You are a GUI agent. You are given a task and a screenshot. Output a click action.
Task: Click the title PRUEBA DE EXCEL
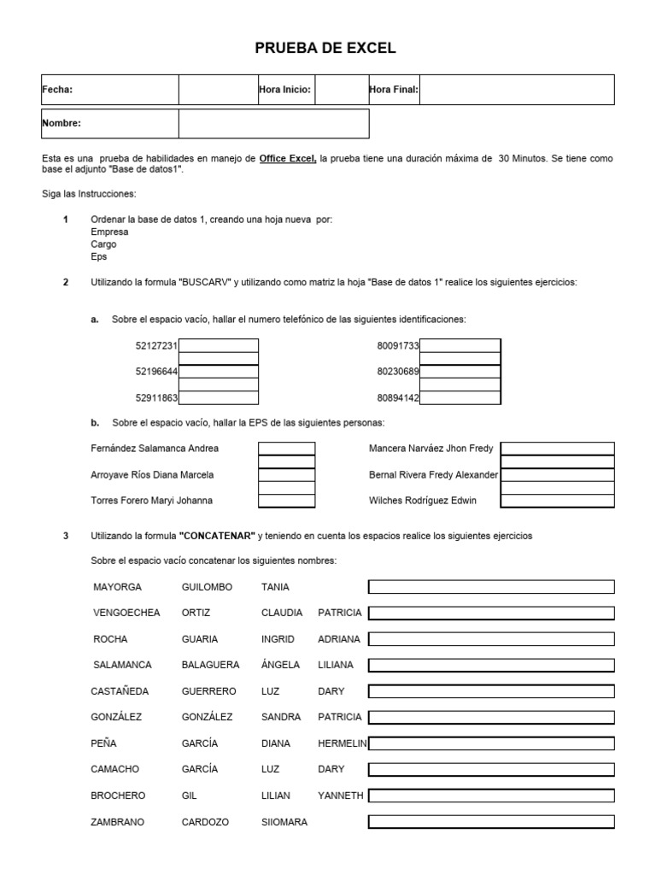coord(325,49)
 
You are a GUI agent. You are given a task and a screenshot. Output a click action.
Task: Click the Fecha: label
coord(57,90)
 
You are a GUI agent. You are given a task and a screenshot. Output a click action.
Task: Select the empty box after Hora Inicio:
coord(342,90)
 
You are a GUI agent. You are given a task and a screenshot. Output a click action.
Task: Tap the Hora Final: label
coord(393,90)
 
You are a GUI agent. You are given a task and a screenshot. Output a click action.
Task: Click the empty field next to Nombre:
coord(273,123)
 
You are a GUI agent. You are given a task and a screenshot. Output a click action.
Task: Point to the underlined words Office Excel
coord(288,159)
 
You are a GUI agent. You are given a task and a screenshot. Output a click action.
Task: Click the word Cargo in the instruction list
coord(103,244)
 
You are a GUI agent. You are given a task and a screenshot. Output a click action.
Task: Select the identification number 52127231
coord(155,346)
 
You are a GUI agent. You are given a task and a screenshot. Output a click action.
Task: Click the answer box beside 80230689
coord(460,372)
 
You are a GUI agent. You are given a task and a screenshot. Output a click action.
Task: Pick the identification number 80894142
coord(397,398)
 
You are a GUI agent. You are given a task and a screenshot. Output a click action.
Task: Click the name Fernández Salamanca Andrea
coord(155,449)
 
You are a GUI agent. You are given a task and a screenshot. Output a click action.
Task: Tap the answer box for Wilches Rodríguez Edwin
coord(557,501)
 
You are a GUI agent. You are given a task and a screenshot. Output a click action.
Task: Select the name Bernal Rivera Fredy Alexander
coord(433,475)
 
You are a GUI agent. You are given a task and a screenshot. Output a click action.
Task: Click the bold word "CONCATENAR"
coord(217,536)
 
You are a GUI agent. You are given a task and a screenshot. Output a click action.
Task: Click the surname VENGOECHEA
coord(126,613)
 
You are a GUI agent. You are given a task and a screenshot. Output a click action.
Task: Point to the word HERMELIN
coord(342,743)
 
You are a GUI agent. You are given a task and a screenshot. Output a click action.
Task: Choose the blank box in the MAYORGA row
coord(490,587)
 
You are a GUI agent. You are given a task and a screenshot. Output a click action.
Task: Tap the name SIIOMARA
coord(284,822)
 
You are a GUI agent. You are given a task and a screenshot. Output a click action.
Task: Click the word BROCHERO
coord(118,796)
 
